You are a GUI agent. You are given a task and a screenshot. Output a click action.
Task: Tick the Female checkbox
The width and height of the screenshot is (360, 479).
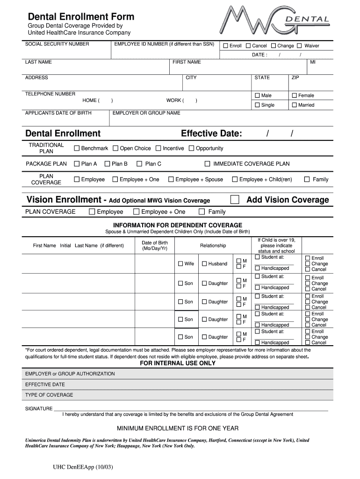point(295,95)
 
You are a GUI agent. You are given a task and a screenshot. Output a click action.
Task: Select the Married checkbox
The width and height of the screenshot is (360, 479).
point(295,105)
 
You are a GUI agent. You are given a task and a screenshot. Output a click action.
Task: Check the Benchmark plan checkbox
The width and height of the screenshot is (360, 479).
point(77,148)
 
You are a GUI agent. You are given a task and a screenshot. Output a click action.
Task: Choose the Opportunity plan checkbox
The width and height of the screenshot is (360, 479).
point(191,148)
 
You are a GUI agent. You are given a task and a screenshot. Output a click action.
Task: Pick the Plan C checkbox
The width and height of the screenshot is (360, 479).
point(139,164)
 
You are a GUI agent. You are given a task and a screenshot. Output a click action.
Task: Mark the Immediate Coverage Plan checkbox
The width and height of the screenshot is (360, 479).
point(207,164)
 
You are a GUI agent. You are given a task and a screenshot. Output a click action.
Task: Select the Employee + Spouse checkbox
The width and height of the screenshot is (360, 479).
point(171,179)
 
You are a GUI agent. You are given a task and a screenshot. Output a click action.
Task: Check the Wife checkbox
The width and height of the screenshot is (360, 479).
point(180,264)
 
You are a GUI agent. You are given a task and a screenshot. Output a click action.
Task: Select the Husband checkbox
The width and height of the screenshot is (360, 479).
point(204,264)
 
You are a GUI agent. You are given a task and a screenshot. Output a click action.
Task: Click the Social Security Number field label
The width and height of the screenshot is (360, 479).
point(57,44)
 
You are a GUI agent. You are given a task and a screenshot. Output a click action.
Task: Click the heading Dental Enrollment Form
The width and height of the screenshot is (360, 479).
point(81,17)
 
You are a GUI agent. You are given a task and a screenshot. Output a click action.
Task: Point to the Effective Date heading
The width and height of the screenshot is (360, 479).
point(211,134)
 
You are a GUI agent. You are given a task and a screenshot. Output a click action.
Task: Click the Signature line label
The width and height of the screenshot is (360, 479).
point(39,409)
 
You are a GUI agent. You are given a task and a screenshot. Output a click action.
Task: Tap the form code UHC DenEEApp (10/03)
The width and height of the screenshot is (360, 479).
point(83,467)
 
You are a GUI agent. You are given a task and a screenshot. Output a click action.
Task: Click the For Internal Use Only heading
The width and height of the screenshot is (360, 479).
point(178,363)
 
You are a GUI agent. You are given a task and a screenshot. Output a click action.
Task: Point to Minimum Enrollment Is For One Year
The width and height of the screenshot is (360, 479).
point(178,428)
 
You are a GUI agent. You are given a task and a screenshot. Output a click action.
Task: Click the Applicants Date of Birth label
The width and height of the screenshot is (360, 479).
point(58,113)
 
